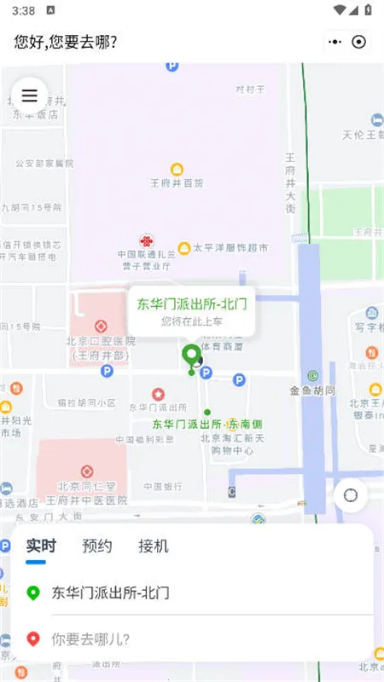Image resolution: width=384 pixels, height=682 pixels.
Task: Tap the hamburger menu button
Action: [x=29, y=95]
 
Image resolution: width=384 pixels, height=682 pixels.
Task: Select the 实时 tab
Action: [x=41, y=546]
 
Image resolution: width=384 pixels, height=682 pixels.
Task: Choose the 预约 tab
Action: [x=97, y=546]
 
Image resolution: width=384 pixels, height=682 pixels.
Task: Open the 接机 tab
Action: [x=154, y=546]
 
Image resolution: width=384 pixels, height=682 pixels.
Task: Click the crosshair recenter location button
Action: [x=350, y=494]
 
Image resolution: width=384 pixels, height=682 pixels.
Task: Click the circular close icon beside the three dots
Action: [x=359, y=41]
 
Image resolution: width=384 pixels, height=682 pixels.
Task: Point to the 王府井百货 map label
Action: [x=177, y=182]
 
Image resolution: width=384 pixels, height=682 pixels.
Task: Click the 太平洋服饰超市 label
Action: [x=230, y=248]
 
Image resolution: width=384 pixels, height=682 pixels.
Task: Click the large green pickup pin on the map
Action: [x=192, y=355]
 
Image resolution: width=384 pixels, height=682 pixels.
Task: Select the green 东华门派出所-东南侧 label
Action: [x=207, y=423]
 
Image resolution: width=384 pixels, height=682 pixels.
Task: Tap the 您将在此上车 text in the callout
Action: [x=191, y=321]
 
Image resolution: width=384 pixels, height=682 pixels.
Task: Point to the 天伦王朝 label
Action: [x=364, y=134]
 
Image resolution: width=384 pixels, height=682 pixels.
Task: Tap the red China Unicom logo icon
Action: [x=147, y=241]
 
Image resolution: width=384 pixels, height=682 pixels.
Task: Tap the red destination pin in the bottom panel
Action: [x=33, y=639]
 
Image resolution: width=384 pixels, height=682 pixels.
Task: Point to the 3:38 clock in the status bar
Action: [x=24, y=10]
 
